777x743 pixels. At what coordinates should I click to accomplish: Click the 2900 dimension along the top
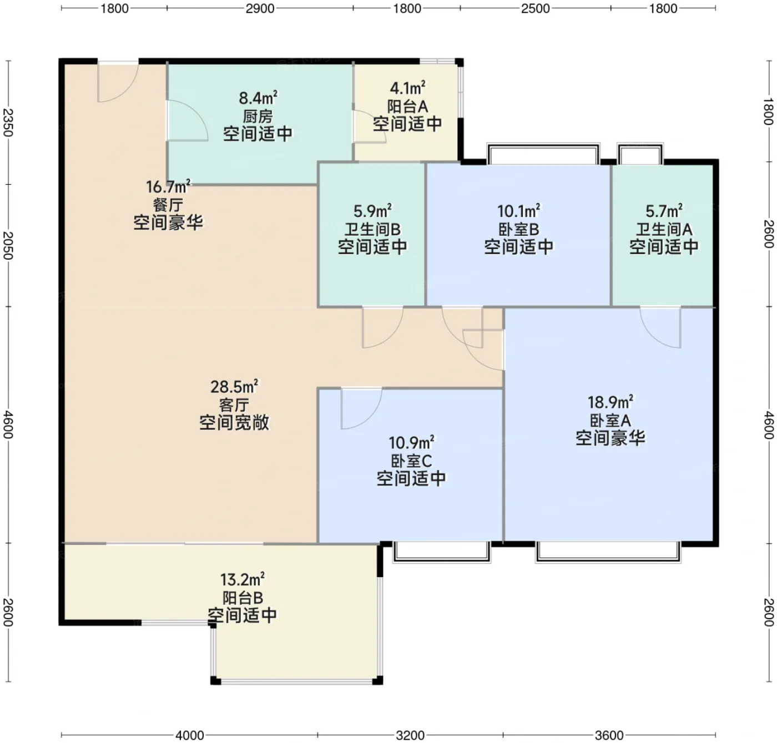260,8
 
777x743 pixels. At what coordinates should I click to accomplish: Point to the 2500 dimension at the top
536,8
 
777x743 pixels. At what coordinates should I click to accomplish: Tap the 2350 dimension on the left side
8,123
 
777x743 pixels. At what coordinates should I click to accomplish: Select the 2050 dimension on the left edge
8,245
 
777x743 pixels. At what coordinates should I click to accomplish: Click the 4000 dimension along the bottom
190,735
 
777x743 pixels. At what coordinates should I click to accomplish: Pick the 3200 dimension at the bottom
411,735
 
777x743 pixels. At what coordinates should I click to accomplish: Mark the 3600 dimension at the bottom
609,735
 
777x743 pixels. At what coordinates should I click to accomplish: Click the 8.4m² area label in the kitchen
258,98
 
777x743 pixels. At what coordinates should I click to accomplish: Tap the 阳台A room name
407,107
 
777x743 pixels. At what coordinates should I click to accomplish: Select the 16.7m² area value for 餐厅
168,186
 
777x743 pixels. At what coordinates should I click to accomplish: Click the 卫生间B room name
372,230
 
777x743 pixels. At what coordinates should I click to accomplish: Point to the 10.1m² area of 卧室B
519,211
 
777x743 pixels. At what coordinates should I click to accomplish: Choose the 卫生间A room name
664,230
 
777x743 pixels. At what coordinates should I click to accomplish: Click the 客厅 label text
234,405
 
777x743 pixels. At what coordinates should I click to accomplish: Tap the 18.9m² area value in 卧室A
610,402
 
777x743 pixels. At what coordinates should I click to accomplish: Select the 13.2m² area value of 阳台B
242,579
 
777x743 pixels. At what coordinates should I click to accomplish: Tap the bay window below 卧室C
442,553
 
